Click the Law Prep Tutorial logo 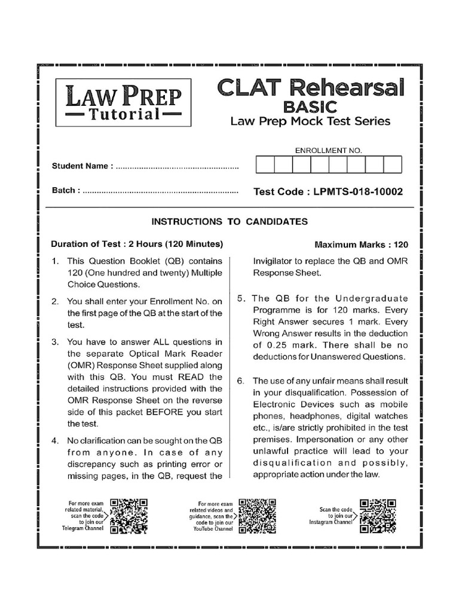(120, 102)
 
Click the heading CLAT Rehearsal (311, 88)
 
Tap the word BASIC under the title (310, 107)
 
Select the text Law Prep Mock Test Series (310, 121)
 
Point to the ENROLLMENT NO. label (329, 151)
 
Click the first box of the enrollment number (265, 165)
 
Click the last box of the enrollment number (392, 165)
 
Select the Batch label (66, 191)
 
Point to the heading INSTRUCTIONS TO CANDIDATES (229, 222)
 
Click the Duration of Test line (137, 244)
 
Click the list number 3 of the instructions (54, 342)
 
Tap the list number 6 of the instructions (240, 381)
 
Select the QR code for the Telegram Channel (129, 515)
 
